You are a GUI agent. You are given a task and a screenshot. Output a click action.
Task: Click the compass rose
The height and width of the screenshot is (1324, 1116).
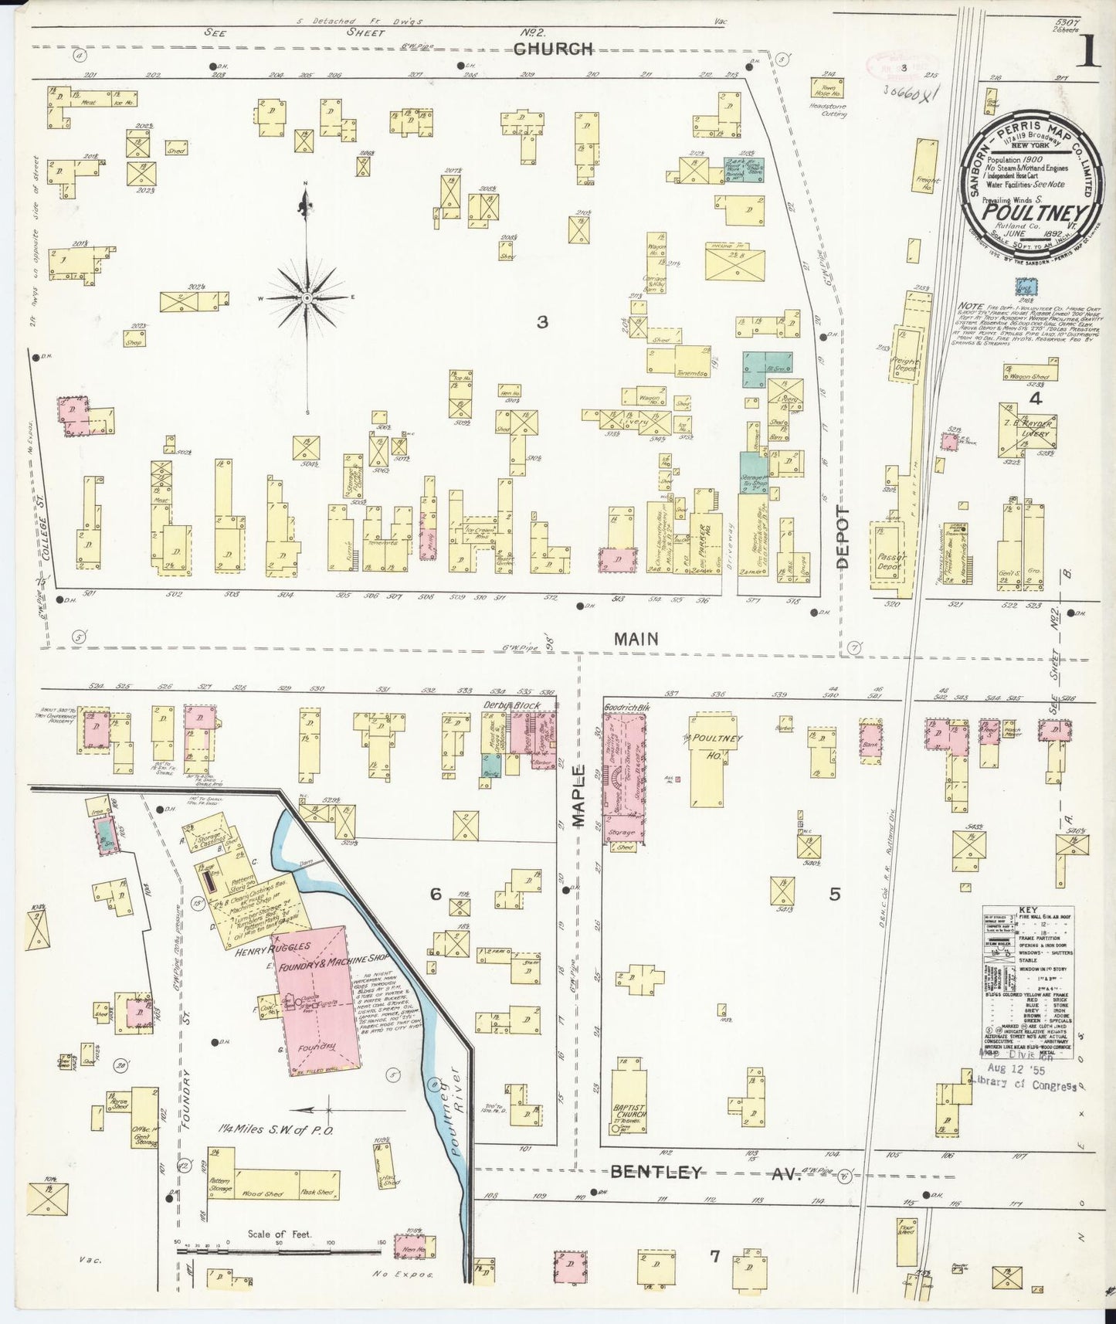pos(307,297)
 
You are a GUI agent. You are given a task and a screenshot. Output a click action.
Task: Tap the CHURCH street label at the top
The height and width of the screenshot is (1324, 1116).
pos(553,49)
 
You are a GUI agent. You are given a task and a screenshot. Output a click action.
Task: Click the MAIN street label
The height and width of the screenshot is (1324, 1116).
pos(636,639)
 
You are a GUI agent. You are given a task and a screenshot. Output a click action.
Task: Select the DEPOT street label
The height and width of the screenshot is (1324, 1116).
pos(842,538)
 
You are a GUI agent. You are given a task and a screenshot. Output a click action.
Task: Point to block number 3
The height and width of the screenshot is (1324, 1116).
pos(542,322)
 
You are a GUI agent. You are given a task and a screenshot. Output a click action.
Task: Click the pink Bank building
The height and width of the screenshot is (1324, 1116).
pos(871,744)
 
